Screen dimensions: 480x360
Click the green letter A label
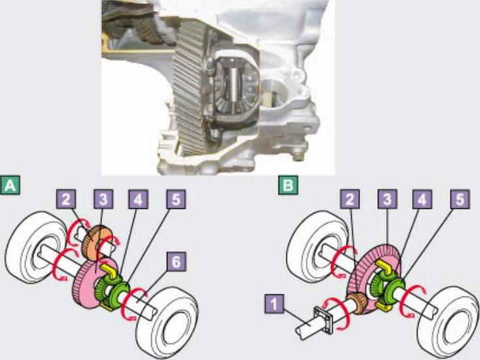click(10, 185)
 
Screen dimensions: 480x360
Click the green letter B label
click(288, 185)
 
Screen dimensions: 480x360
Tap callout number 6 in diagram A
click(176, 262)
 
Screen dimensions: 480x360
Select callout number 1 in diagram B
click(274, 304)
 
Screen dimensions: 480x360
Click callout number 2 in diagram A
click(66, 199)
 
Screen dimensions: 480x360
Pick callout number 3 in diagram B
click(387, 199)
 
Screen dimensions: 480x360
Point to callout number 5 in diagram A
click(176, 199)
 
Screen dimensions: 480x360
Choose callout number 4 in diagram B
click(422, 199)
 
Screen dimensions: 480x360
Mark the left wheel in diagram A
click(36, 247)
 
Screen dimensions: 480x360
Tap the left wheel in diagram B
click(317, 247)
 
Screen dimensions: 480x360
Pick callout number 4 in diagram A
click(138, 199)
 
